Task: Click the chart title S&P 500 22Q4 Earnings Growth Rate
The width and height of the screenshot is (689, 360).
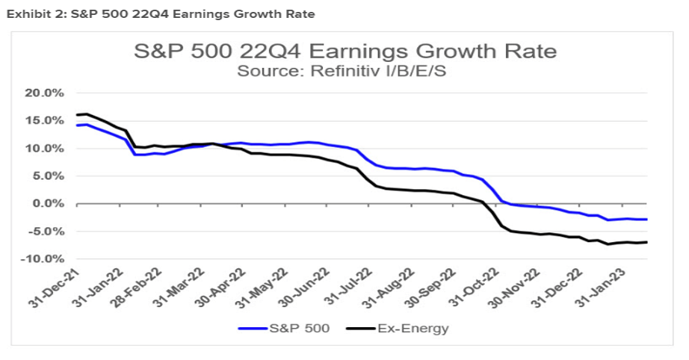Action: tap(344, 52)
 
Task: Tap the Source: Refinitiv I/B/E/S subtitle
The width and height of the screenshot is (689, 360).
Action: tap(344, 71)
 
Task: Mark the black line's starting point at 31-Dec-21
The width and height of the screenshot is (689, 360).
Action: tap(76, 115)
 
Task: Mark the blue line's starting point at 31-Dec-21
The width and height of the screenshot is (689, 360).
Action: tap(76, 125)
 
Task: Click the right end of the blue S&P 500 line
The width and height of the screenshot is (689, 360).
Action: tap(646, 220)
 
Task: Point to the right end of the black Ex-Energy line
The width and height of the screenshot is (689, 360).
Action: tap(646, 242)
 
